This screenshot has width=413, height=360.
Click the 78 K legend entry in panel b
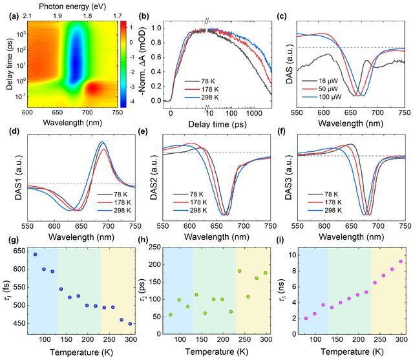201,81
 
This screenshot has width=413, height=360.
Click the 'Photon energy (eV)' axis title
66,5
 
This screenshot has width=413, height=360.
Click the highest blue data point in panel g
35,254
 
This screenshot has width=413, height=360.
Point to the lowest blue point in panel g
130,324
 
